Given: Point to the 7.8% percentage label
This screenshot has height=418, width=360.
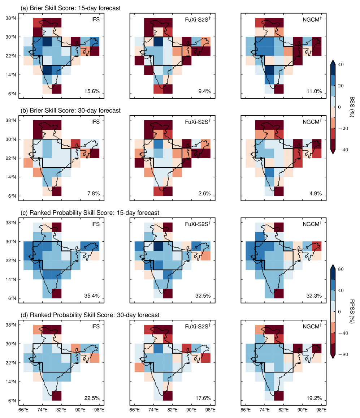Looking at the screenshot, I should pyautogui.click(x=94, y=194).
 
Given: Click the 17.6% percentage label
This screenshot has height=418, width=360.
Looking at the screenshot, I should pyautogui.click(x=203, y=398).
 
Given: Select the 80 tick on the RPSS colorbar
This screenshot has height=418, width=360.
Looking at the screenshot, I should pyautogui.click(x=342, y=269).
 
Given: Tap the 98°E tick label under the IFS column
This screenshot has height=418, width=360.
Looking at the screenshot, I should pyautogui.click(x=99, y=410).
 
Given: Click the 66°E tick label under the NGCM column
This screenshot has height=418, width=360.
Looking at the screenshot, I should pyautogui.click(x=246, y=410).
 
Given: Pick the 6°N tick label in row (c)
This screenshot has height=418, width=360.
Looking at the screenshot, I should pyautogui.click(x=14, y=298).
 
